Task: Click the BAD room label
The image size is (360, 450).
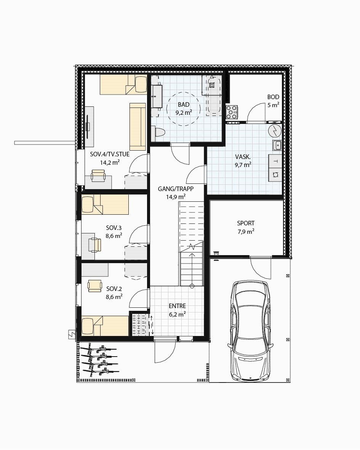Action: pyautogui.click(x=183, y=105)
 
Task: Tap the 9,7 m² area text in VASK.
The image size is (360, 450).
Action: pyautogui.click(x=243, y=165)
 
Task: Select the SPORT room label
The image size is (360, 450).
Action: pyautogui.click(x=246, y=223)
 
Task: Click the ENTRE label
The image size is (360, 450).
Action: pyautogui.click(x=177, y=306)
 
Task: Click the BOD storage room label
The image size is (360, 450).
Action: pyautogui.click(x=273, y=97)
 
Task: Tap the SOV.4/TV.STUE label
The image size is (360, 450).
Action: pyautogui.click(x=110, y=154)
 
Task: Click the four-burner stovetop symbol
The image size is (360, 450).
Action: pyautogui.click(x=232, y=112)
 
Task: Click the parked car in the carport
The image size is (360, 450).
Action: pyautogui.click(x=250, y=330)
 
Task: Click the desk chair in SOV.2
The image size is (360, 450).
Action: pyautogui.click(x=94, y=286)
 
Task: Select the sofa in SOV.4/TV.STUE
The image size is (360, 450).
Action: pyautogui.click(x=138, y=126)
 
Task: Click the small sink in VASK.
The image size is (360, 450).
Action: pyautogui.click(x=277, y=145)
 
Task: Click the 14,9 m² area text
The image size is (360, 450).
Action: pyautogui.click(x=176, y=197)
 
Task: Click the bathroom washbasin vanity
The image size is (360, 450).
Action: pyautogui.click(x=157, y=96)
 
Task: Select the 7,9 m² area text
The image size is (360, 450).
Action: pyautogui.click(x=246, y=231)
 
